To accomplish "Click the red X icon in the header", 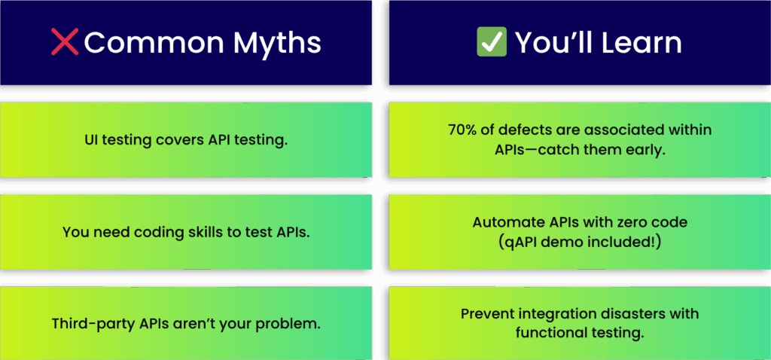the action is pos(65,42).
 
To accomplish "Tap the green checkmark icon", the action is pos(492,42).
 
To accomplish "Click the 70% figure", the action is pos(461,130).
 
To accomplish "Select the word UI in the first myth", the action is pos(91,140).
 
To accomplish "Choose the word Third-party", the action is pos(86,324).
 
